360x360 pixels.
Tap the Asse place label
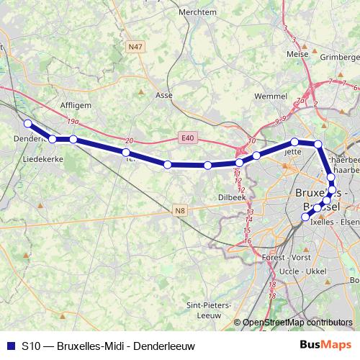164,94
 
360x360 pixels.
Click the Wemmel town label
251,95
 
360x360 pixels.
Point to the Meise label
297,53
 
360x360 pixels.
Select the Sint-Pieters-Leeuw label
207,310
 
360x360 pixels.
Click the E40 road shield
186,137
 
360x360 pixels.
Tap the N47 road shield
134,47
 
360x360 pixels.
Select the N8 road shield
180,210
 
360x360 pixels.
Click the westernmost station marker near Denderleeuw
27,123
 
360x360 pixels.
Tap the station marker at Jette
294,142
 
